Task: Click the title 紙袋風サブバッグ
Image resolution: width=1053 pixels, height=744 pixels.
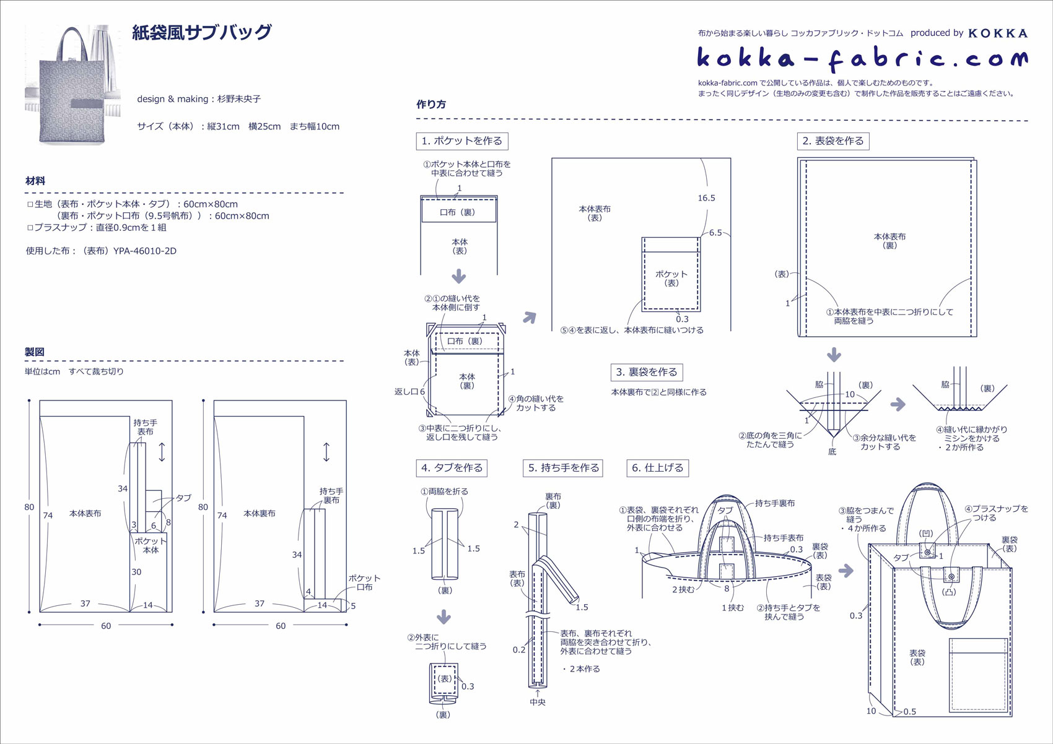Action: pos(202,32)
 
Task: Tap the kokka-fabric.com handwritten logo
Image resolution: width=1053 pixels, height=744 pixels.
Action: pos(862,58)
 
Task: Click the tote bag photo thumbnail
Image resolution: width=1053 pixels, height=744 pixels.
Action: pos(73,85)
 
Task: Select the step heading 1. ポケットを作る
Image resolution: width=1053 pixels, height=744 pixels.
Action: pos(462,141)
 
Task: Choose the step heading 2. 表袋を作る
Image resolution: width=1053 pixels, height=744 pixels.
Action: pos(832,141)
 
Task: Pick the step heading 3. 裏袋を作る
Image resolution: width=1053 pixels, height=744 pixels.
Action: pos(647,372)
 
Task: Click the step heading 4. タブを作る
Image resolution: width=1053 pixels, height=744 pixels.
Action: pos(452,468)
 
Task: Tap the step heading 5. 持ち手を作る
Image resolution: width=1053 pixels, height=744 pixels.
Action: pos(563,468)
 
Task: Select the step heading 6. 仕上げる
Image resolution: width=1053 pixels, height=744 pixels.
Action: pos(657,468)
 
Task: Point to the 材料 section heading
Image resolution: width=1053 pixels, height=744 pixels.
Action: pos(35,181)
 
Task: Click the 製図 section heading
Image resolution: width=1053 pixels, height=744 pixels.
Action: pos(35,352)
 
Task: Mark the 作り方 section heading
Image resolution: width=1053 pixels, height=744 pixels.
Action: pos(431,105)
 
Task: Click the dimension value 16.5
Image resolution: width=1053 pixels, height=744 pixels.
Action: pos(706,198)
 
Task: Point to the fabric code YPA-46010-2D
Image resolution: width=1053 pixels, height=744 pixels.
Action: pos(144,251)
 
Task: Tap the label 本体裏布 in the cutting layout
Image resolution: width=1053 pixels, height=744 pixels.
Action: pos(259,513)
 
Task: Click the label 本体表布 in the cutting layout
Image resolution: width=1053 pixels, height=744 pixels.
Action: pos(85,513)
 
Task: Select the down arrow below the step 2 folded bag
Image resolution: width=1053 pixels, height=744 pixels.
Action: pos(834,355)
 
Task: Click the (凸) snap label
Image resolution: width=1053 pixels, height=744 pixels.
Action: pos(948,592)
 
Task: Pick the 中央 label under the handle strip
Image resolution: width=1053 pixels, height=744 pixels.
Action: pos(538,703)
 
